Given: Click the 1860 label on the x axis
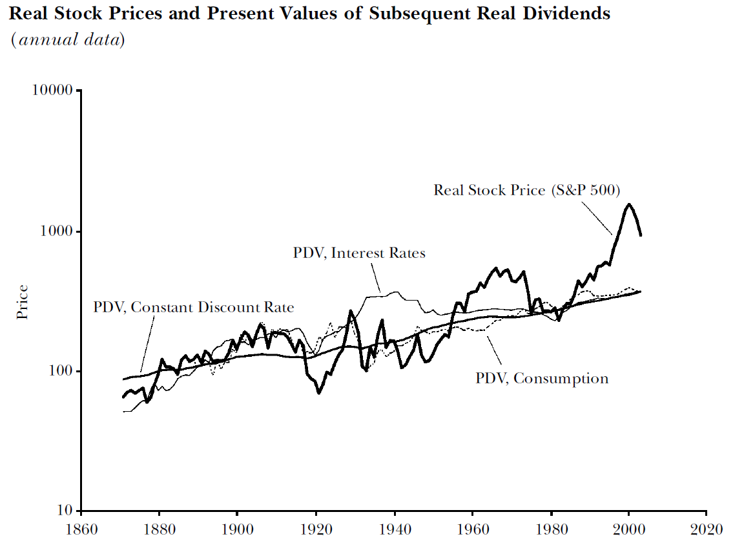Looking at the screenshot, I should (81, 527).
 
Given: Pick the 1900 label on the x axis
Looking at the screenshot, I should (237, 527).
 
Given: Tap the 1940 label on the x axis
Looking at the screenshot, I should (394, 527).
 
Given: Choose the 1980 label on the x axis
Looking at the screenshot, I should (550, 527).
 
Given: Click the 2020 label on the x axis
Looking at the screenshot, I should (707, 527).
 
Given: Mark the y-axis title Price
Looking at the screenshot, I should (23, 302).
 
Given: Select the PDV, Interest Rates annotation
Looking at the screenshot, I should (359, 253).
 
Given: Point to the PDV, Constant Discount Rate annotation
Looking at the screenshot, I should (193, 307).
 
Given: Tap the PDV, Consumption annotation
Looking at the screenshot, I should (542, 378).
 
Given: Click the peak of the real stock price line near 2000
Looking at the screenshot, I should (628, 204).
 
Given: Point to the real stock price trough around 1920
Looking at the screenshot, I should (319, 392).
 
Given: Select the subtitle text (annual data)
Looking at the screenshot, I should (67, 39).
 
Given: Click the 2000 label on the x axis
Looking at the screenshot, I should (628, 527).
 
